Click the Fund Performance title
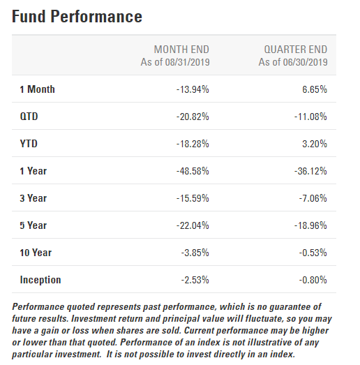[77, 17]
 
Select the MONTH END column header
[181, 50]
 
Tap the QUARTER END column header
[296, 50]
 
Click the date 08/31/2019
[188, 62]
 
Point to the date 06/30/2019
[305, 62]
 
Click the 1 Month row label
[37, 89]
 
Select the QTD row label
[29, 117]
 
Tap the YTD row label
[29, 144]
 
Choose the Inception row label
[40, 280]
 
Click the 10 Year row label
[36, 253]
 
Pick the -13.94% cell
[193, 89]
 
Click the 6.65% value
[315, 89]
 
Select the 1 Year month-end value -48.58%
[193, 171]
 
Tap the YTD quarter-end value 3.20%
[315, 144]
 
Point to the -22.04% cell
[193, 225]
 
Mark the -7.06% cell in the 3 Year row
[313, 198]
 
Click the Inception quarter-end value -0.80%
[313, 280]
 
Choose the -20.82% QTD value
[193, 117]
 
